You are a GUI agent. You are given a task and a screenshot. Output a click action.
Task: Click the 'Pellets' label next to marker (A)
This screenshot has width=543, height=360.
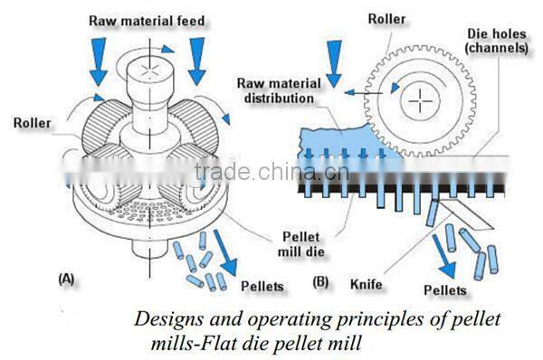pos(262,286)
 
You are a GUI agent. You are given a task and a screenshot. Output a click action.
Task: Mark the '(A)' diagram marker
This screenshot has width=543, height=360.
pos(68,279)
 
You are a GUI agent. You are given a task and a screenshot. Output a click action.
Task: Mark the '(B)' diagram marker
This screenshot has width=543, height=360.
pos(321,283)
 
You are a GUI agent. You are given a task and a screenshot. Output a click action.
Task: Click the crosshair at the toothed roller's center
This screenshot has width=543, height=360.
pos(420,102)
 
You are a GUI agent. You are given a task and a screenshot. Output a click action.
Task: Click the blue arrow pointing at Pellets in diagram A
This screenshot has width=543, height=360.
pos(229,257)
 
